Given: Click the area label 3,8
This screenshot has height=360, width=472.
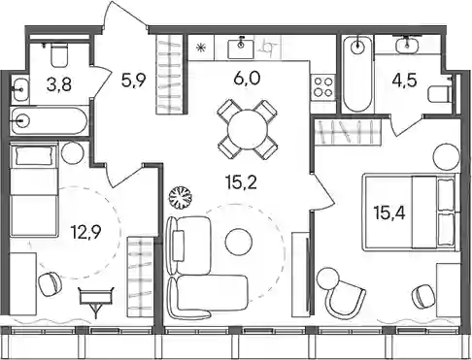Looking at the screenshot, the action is (59, 84).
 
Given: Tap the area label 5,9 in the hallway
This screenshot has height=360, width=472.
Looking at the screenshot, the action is (134, 81).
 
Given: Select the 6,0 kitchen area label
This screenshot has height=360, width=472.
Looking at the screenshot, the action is (247, 79).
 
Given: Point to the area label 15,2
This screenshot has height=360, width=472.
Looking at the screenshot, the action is (242, 182).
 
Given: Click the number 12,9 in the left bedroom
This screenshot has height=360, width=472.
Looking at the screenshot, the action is (86, 232).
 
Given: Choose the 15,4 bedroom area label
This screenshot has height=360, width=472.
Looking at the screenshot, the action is (389, 213).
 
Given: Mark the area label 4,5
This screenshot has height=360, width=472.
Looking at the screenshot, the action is (404, 81).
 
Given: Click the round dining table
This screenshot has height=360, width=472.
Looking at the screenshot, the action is (248, 130).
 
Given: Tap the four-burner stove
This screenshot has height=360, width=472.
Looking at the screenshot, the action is (323, 87).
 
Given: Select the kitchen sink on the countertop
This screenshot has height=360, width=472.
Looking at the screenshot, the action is (241, 48).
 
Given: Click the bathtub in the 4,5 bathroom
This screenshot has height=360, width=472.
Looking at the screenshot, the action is (357, 74).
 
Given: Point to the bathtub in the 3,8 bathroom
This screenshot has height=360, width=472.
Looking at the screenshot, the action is (50, 121).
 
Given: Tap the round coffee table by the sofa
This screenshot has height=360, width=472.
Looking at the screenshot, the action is (239, 242).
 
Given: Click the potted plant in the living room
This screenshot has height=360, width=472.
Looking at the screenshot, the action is (181, 197).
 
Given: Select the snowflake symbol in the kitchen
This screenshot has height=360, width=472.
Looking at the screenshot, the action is (201, 49).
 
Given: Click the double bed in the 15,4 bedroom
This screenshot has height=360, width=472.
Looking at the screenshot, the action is (411, 213).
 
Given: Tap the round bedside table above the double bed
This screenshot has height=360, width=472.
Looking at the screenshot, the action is (447, 157).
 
